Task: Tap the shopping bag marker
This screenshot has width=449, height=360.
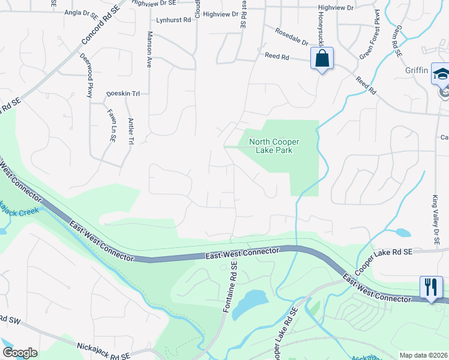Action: [x=321, y=59]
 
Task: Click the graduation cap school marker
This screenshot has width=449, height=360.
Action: [x=441, y=74]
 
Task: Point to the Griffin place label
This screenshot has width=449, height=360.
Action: [x=417, y=71]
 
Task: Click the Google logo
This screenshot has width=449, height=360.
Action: [x=19, y=353]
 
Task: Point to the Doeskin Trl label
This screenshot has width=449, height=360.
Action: [x=122, y=94]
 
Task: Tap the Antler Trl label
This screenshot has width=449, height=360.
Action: [x=130, y=131]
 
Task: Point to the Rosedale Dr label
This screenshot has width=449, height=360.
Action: [x=291, y=37]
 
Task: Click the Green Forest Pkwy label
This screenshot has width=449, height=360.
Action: [x=370, y=35]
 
